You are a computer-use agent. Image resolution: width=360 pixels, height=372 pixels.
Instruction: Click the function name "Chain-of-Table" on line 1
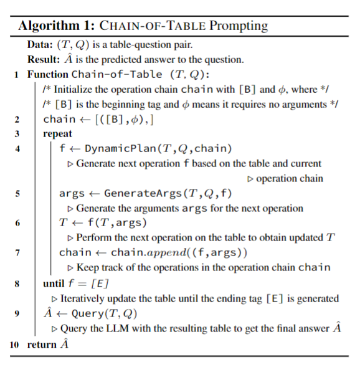[116, 75]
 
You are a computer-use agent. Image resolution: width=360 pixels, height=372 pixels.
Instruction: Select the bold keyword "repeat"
[57, 134]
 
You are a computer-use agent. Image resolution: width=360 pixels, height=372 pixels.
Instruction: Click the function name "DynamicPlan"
[113, 149]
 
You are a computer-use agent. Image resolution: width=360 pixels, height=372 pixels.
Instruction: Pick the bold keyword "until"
[54, 284]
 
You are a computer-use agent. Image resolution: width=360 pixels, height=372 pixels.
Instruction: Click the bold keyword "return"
[41, 344]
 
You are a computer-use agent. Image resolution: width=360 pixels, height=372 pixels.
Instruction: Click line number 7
[17, 253]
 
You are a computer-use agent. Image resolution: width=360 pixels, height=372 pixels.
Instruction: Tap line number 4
[17, 149]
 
